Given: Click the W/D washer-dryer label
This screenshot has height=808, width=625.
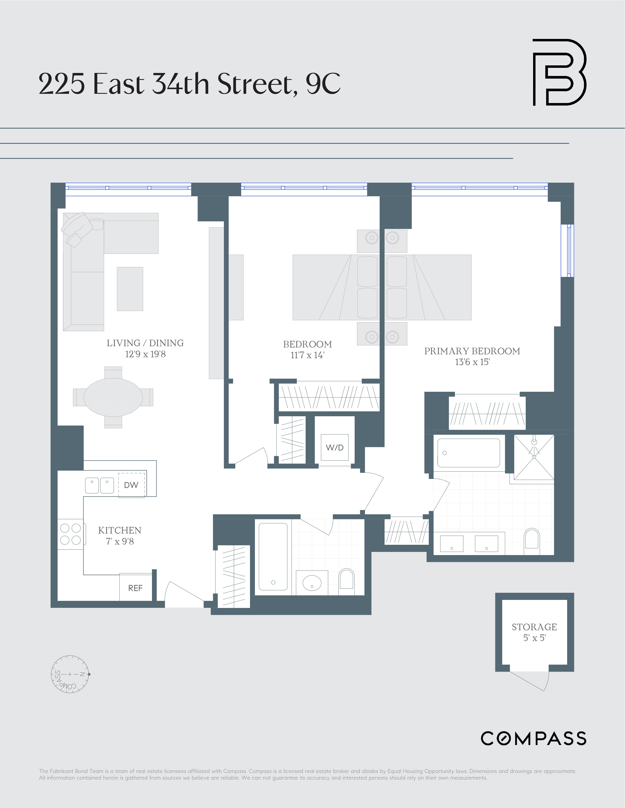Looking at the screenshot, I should point(335,447).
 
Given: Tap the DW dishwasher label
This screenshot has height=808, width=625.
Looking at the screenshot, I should point(131,485).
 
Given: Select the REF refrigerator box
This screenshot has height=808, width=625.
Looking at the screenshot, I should point(135,588).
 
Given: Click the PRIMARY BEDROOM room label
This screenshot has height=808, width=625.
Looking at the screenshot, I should point(472,351).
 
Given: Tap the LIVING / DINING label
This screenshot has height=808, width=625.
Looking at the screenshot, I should point(145,343).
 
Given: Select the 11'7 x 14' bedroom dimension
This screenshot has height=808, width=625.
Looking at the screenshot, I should point(307,355).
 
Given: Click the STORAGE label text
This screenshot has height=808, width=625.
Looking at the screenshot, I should point(534,627).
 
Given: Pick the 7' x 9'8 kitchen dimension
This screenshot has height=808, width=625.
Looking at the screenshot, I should point(120,541).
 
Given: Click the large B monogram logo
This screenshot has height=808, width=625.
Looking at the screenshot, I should point(559,72).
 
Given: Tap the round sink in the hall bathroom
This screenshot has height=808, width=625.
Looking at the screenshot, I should point(312,583).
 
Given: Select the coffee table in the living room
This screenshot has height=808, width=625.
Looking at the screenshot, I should point(130,289).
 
